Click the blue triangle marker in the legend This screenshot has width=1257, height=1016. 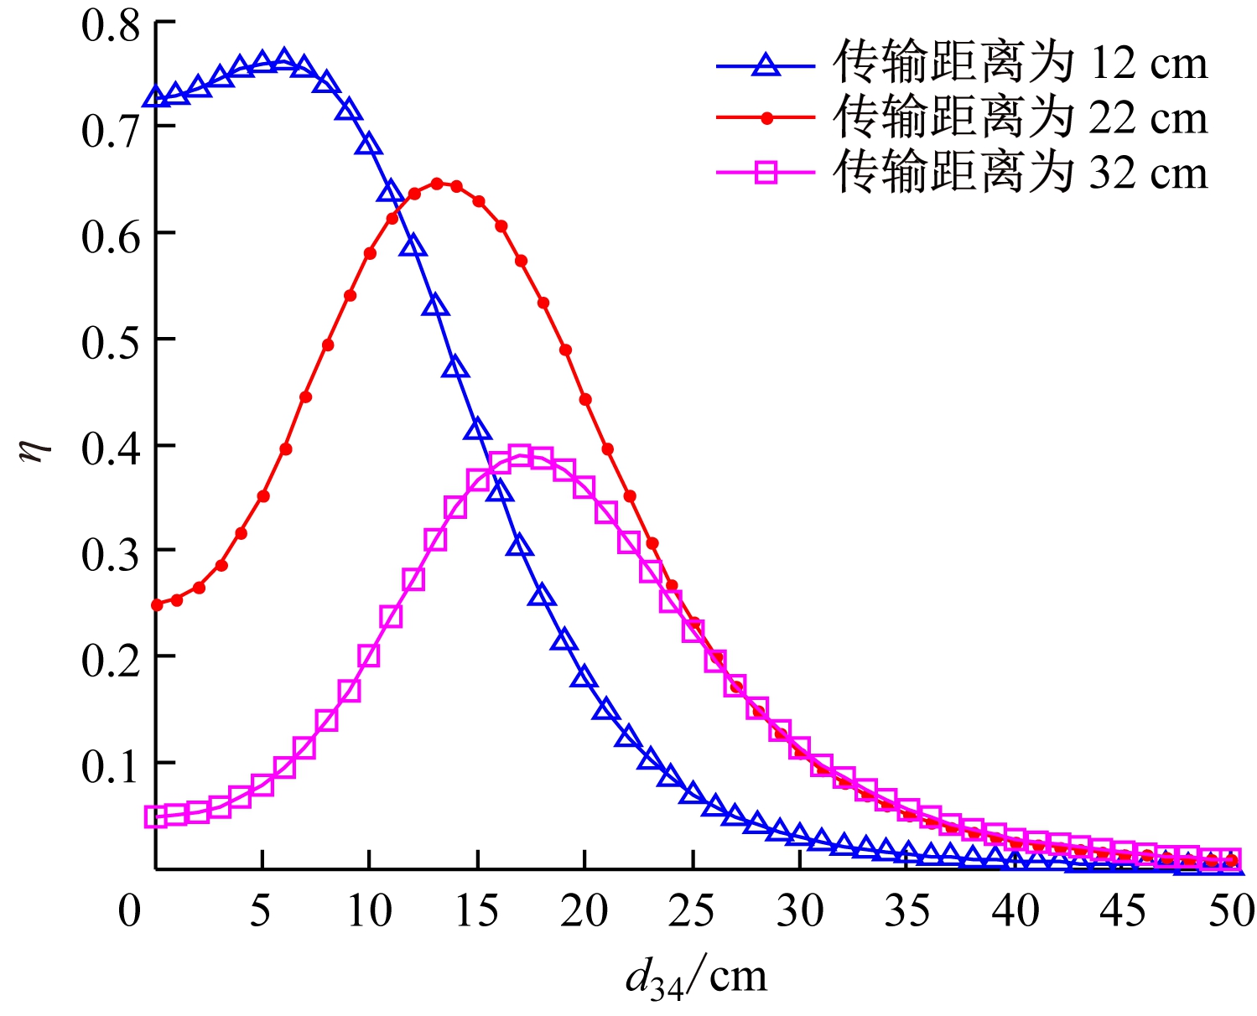point(765,65)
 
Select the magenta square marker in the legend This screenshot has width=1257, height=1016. point(765,174)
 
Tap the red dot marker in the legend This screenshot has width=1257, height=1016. point(765,119)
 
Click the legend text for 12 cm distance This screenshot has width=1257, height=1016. point(1020,64)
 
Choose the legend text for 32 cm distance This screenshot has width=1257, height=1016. point(1020,173)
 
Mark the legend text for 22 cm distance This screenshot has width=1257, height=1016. point(1020,118)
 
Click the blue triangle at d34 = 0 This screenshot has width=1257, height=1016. point(156,98)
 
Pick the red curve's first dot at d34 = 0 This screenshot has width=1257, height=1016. point(156,604)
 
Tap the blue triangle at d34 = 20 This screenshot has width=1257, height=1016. point(584,676)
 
